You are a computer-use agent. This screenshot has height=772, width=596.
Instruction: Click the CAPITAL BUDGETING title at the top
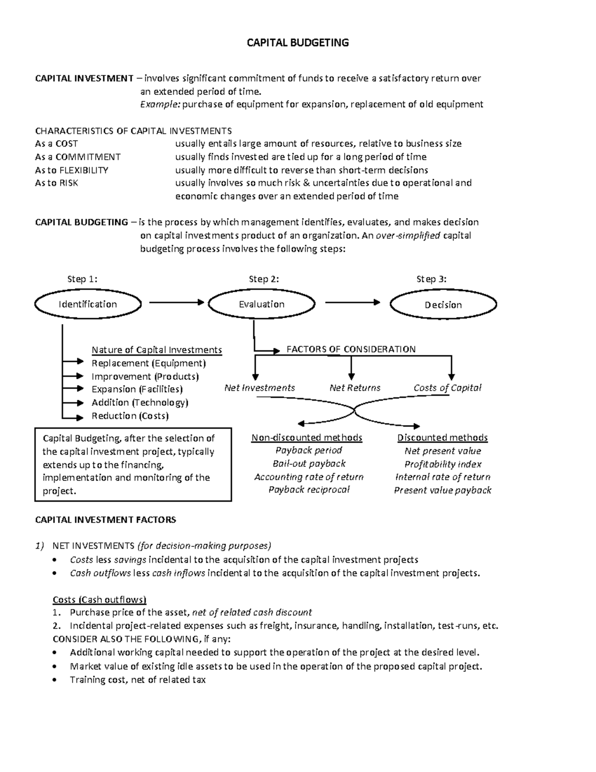(x=298, y=43)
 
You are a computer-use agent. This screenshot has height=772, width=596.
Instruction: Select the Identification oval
(x=88, y=304)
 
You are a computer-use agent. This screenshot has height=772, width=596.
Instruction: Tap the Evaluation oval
(x=261, y=304)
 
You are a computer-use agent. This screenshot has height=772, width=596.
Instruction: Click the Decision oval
(x=443, y=305)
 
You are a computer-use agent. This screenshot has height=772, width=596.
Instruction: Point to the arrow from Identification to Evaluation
(x=176, y=302)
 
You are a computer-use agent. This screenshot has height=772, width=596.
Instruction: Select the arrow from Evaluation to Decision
(x=353, y=302)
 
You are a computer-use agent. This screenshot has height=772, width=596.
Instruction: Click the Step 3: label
(x=431, y=279)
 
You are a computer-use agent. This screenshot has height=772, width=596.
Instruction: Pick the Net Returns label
(x=355, y=388)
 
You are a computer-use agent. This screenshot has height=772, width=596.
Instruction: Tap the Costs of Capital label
(x=447, y=388)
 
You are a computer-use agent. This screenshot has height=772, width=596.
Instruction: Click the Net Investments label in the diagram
(x=259, y=388)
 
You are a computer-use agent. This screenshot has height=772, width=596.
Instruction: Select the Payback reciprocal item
(x=308, y=490)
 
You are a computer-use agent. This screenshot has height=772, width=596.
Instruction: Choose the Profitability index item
(x=443, y=464)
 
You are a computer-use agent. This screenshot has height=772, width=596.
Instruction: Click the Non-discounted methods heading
(x=306, y=437)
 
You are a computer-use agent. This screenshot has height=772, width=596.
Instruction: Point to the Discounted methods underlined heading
(x=442, y=437)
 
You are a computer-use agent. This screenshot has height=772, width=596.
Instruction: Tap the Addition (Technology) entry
(x=140, y=403)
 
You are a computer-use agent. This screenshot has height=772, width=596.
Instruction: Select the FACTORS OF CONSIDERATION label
(x=351, y=349)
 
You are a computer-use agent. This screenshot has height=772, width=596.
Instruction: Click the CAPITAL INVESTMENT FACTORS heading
(x=105, y=520)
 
